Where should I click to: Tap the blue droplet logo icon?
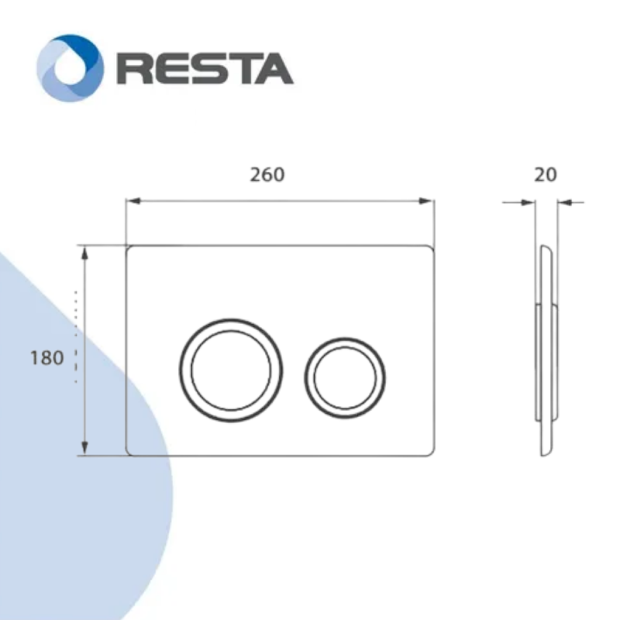70,68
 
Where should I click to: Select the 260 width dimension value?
267,174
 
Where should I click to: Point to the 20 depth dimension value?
546,174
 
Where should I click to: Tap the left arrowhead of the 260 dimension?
133,201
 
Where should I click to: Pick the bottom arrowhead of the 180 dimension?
84,449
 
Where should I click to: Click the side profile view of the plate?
546,349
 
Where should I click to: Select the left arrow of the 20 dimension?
529,204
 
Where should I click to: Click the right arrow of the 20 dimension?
563,204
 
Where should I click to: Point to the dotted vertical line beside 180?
75,337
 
